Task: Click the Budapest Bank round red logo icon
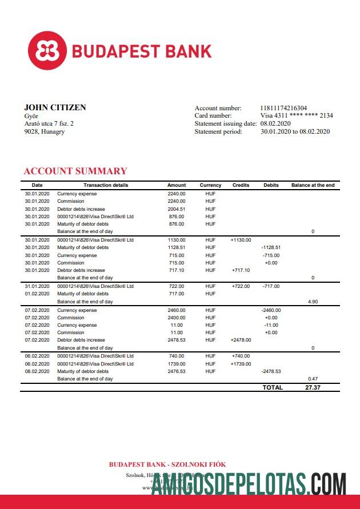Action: [x=48, y=51]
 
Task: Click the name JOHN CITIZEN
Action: [x=55, y=107]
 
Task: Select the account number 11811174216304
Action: [x=283, y=108]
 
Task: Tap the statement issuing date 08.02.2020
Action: [x=275, y=123]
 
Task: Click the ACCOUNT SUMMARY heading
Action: [x=75, y=171]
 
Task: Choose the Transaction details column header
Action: [x=106, y=185]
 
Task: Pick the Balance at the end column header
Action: [x=313, y=185]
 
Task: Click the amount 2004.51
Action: [x=177, y=209]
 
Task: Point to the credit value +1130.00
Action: [x=241, y=240]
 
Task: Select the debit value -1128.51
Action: [x=271, y=247]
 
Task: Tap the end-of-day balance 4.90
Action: [x=313, y=301]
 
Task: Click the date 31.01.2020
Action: [x=37, y=286]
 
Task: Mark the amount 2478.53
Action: [x=177, y=340]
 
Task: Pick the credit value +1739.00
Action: [x=241, y=364]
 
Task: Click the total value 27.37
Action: [x=313, y=387]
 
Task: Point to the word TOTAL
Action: [x=273, y=387]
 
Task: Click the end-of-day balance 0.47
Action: [x=313, y=379]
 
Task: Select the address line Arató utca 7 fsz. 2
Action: [x=49, y=123]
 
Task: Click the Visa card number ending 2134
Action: [x=297, y=115]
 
